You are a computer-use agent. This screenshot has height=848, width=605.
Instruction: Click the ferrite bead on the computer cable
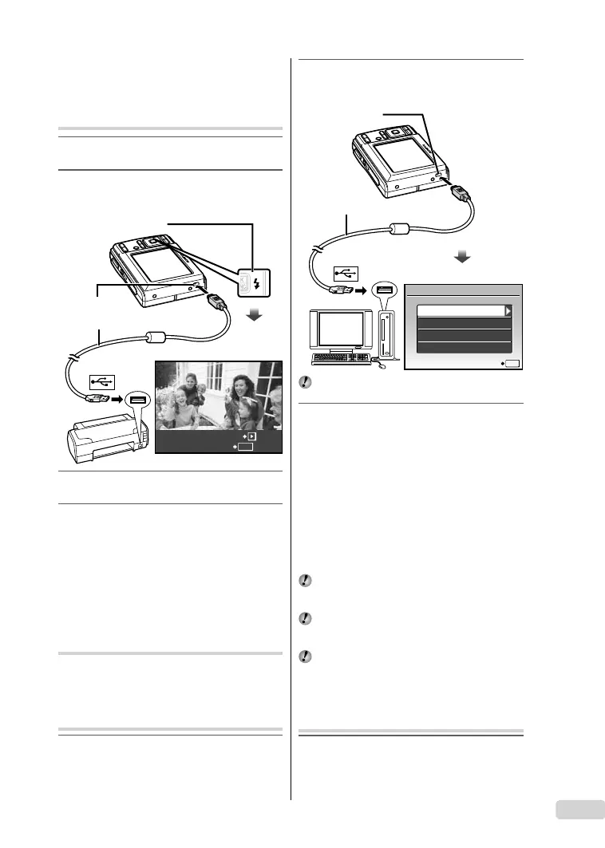point(400,231)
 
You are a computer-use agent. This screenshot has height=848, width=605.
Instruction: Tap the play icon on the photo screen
point(251,438)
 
